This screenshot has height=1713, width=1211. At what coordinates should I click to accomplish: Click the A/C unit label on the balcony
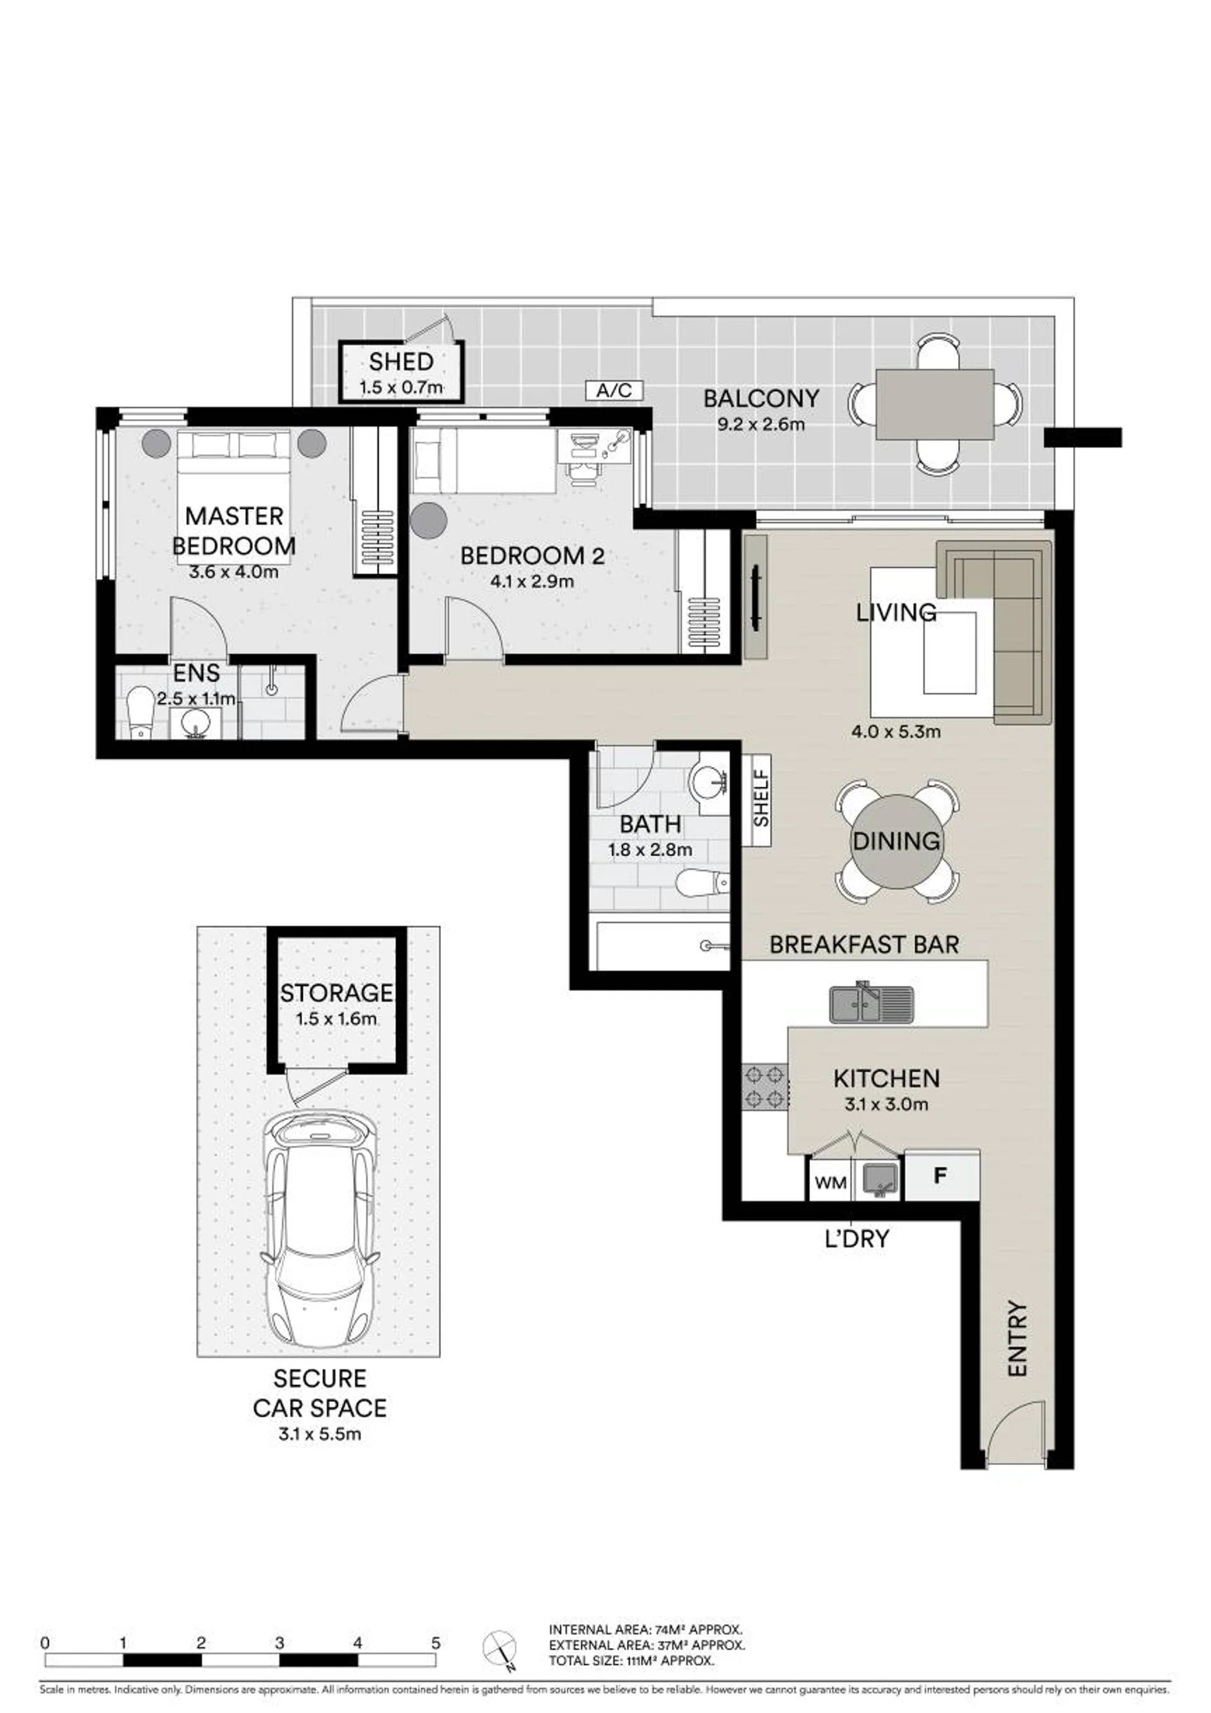pyautogui.click(x=614, y=390)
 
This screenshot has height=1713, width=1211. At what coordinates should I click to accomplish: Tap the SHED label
pyautogui.click(x=401, y=362)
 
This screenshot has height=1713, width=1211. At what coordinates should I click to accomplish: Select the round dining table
pyautogui.click(x=896, y=841)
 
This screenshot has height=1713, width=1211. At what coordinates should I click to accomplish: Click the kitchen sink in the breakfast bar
pyautogui.click(x=872, y=1003)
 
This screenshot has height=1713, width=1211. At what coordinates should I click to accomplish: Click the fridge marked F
pyautogui.click(x=940, y=1176)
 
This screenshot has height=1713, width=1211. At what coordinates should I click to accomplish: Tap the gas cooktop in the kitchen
pyautogui.click(x=765, y=1087)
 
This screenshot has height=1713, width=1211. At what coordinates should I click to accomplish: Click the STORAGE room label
pyautogui.click(x=337, y=993)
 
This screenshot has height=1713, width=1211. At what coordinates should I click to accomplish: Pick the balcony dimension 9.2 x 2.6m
pyautogui.click(x=761, y=425)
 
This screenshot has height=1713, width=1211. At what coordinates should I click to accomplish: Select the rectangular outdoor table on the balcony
pyautogui.click(x=935, y=404)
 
